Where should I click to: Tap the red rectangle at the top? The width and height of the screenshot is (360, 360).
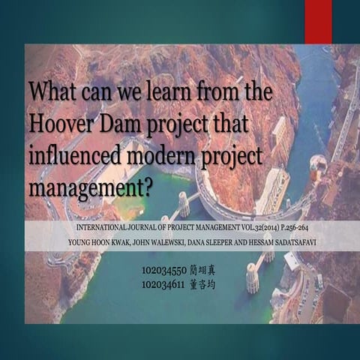pos(318,11)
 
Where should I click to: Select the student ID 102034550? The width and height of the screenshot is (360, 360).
pos(162,269)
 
